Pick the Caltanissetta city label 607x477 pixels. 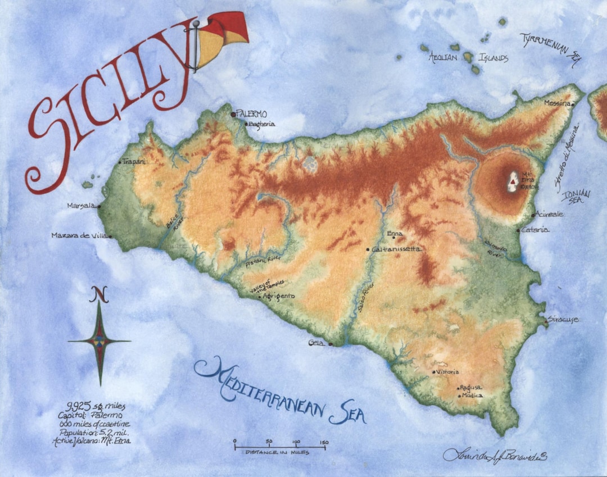pyautogui.click(x=396, y=249)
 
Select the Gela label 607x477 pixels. pyautogui.click(x=316, y=343)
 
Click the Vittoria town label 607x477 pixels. pyautogui.click(x=448, y=372)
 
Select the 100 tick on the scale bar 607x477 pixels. pyautogui.click(x=296, y=442)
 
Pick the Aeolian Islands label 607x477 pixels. pyautogui.click(x=468, y=57)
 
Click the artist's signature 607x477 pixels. pyautogui.click(x=495, y=456)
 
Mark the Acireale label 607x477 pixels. pyautogui.click(x=550, y=215)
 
